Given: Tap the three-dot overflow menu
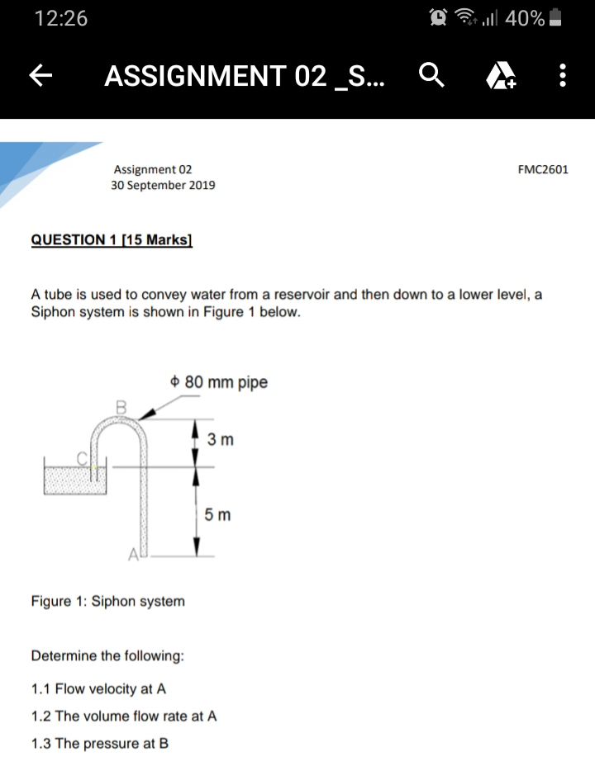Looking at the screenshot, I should click(562, 77).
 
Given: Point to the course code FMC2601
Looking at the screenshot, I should click(543, 169).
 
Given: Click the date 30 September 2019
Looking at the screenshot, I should click(163, 185).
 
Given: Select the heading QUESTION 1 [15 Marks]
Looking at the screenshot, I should click(112, 240).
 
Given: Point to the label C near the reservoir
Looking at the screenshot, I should click(82, 456).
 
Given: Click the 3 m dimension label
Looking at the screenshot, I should click(221, 440).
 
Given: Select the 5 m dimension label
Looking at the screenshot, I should click(217, 515).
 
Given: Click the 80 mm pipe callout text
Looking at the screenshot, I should click(218, 382).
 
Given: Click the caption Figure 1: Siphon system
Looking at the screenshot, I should click(107, 601).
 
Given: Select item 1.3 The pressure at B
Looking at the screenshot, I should click(100, 743).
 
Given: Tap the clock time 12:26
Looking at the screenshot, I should click(61, 19).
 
